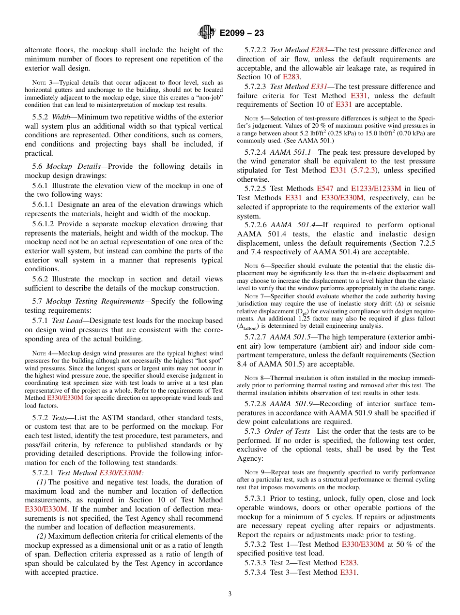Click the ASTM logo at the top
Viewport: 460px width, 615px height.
(x=207, y=33)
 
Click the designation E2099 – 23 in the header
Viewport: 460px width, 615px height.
(x=242, y=33)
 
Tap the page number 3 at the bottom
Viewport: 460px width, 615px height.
(x=230, y=594)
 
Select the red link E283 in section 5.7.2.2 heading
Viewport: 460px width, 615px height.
(x=319, y=50)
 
